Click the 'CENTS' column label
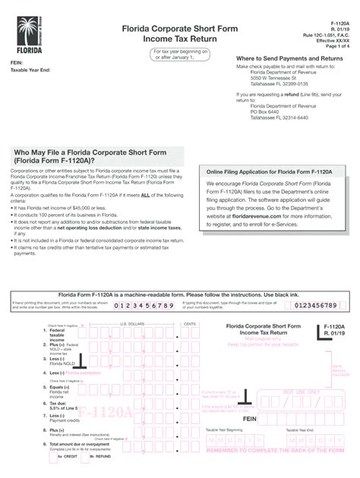pyautogui.click(x=189, y=323)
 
